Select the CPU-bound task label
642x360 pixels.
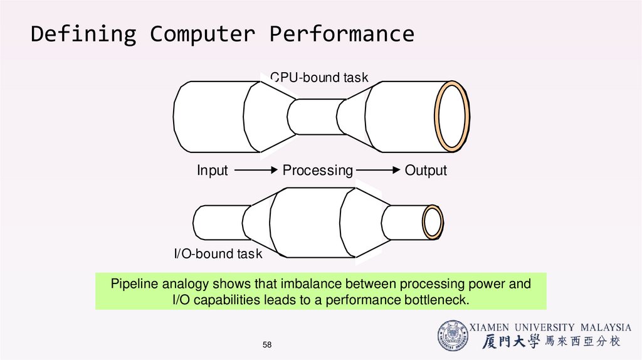pyautogui.click(x=319, y=78)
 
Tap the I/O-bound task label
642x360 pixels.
pyautogui.click(x=218, y=254)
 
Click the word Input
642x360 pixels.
pyautogui.click(x=213, y=171)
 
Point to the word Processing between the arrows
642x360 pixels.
pyautogui.click(x=318, y=171)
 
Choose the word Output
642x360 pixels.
pyautogui.click(x=426, y=171)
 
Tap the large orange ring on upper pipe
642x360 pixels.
pyautogui.click(x=453, y=116)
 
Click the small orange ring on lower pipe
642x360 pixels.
pyautogui.click(x=433, y=222)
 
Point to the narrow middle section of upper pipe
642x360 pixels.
pyautogui.click(x=313, y=117)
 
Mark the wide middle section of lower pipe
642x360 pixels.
pyautogui.click(x=308, y=223)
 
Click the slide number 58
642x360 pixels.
pyautogui.click(x=268, y=345)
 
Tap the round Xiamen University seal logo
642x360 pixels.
pyautogui.click(x=453, y=336)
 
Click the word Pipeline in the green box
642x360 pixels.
pyautogui.click(x=135, y=284)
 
